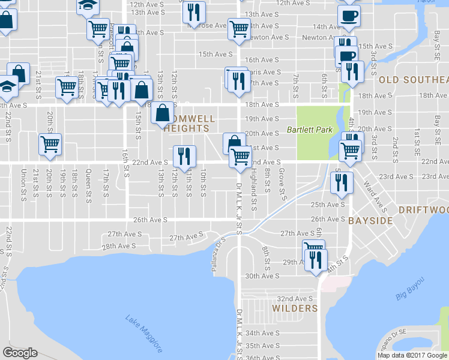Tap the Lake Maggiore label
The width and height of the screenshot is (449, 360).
coord(145,332)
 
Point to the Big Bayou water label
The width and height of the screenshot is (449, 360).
coord(409,289)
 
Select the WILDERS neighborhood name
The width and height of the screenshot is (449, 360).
coord(294,308)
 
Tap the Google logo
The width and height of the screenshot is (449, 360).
coord(20,353)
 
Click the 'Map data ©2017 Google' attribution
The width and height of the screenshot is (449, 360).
coord(412,355)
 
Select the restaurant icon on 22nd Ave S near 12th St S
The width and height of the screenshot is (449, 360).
coord(184,156)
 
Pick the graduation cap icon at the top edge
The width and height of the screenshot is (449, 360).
coord(88,5)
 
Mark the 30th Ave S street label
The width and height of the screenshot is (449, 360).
coord(263,276)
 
